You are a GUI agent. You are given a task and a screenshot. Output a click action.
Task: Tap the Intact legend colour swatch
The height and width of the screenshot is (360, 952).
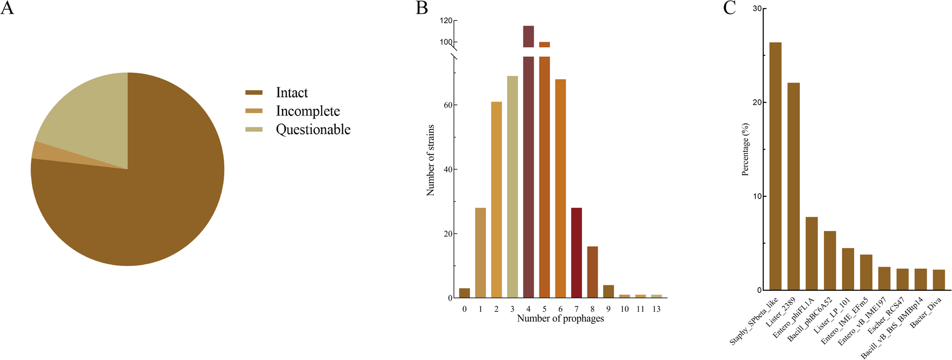(254, 92)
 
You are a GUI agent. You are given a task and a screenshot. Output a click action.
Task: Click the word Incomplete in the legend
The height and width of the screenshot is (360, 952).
(308, 111)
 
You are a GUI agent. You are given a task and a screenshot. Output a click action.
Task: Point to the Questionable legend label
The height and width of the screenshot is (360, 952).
(313, 129)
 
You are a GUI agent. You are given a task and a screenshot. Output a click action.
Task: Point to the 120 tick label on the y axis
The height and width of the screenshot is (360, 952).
(446, 21)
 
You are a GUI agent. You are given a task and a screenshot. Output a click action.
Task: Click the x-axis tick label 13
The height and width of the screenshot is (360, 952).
(656, 309)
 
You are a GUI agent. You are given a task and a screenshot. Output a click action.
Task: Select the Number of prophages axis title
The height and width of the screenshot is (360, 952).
(560, 318)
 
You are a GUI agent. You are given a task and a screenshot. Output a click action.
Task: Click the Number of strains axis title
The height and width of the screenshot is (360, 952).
(430, 160)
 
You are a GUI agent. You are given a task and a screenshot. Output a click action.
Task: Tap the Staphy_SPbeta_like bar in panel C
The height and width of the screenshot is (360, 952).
(775, 166)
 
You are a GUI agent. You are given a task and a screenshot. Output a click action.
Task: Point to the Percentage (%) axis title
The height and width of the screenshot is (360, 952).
(745, 149)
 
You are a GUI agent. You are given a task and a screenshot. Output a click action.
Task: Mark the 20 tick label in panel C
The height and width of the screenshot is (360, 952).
(757, 102)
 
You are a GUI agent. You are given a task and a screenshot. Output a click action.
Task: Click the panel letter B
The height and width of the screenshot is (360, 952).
(421, 8)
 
